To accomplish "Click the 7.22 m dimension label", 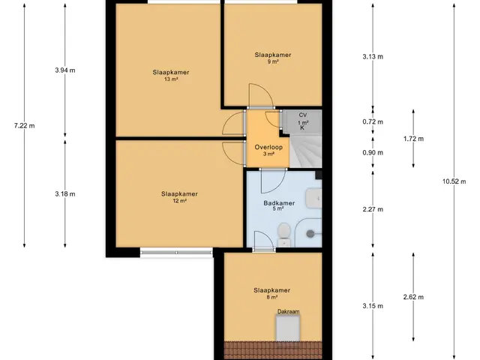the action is click(25, 125).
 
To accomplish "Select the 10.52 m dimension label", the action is click(454, 181).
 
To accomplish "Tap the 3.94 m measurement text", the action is click(65, 70).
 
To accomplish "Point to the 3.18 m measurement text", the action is click(65, 193).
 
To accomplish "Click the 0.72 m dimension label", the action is click(373, 121).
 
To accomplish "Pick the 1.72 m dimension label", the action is click(413, 139).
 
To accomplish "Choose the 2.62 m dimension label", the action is click(413, 297).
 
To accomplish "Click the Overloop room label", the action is click(268, 147).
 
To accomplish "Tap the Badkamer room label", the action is click(279, 203).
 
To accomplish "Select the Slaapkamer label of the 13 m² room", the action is click(171, 72).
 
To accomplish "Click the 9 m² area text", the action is click(273, 61).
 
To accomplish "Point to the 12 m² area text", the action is click(179, 201).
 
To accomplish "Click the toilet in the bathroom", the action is click(284, 234).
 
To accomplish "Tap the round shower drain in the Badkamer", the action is click(310, 234).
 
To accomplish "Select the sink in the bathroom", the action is click(313, 198).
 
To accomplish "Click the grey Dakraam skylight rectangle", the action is click(288, 328).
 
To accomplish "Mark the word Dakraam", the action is click(288, 312).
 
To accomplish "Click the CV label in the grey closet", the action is click(303, 115).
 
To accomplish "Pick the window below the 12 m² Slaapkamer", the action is click(176, 252).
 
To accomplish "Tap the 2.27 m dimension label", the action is click(373, 209).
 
